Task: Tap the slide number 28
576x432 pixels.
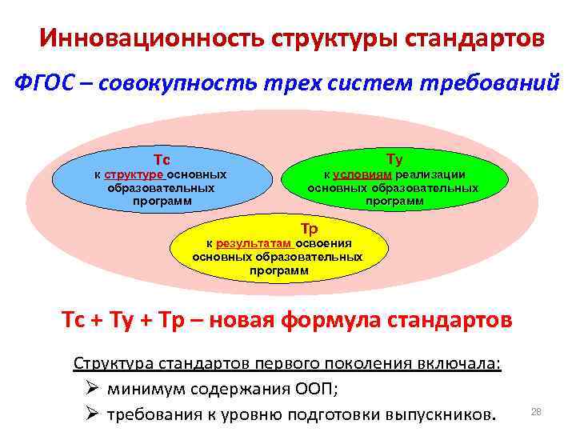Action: [x=536, y=412]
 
